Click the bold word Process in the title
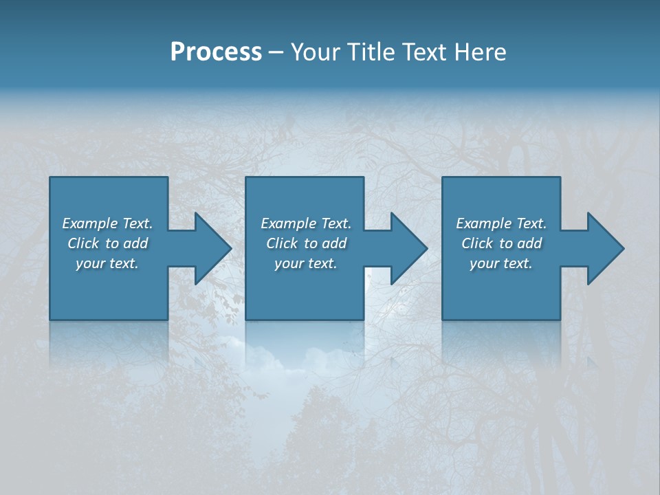(216, 52)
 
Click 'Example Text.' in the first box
(107, 223)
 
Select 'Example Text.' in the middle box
(306, 223)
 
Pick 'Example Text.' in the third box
(501, 223)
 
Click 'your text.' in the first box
(107, 263)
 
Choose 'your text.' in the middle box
(306, 263)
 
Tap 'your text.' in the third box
(501, 263)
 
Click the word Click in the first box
(83, 243)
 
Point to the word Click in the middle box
(282, 243)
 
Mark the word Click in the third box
(477, 243)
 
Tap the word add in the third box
(529, 243)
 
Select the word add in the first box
(135, 243)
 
